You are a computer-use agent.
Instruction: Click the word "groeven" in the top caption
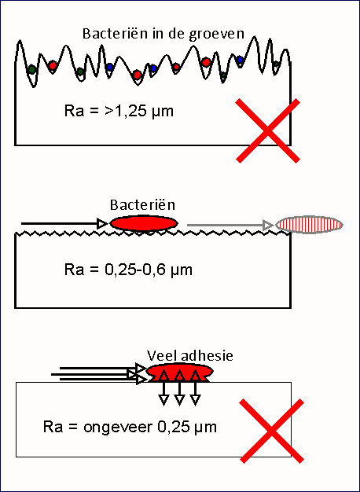[216, 35]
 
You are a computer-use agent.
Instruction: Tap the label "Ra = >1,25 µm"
[119, 112]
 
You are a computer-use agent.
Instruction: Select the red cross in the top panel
[268, 130]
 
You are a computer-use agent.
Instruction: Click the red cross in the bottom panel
[272, 431]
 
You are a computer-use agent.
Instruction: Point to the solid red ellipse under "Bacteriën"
[144, 222]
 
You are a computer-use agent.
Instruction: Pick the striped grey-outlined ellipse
[309, 225]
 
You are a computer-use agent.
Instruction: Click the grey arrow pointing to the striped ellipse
[230, 225]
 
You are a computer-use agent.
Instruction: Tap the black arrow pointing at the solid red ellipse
[64, 223]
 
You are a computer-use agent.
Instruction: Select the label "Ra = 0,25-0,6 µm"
[128, 270]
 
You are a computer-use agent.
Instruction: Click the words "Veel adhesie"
[190, 356]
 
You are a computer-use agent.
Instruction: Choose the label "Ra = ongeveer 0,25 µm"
[130, 428]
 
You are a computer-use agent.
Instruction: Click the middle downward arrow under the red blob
[179, 388]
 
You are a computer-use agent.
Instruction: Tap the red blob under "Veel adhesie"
[180, 373]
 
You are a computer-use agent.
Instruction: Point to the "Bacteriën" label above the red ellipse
[142, 205]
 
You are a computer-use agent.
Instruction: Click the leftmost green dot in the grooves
[31, 69]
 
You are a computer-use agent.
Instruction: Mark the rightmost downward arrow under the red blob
[195, 388]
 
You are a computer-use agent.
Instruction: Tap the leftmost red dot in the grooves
[53, 65]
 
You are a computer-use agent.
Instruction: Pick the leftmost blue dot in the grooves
[109, 67]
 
